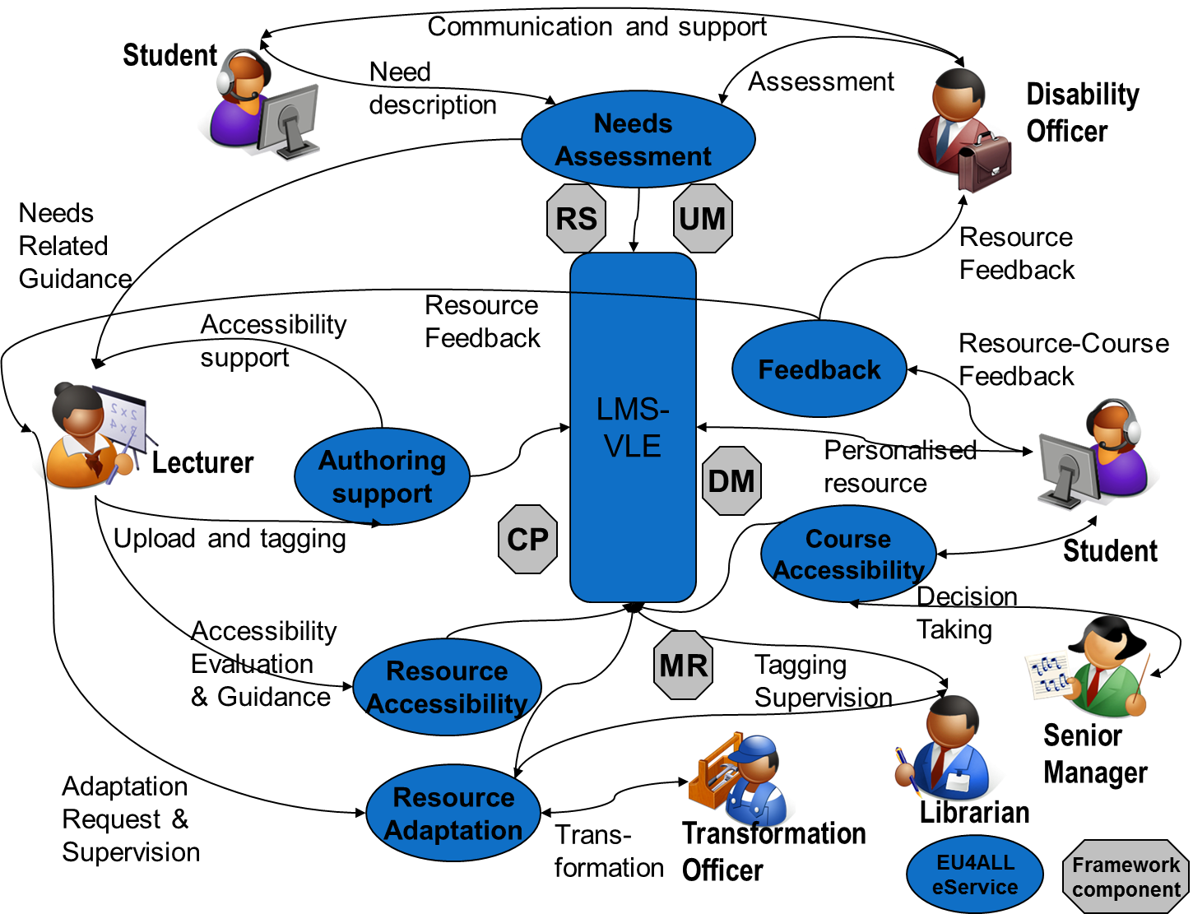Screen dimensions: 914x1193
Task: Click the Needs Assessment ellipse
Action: coord(638,139)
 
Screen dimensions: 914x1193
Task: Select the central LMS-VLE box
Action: coord(633,427)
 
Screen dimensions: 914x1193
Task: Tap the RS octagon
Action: coord(576,219)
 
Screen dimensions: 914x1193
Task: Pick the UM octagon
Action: coord(702,219)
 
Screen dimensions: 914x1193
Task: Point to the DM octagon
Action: coord(731,481)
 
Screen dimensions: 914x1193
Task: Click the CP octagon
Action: coord(527,540)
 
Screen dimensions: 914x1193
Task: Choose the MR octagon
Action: coord(683,666)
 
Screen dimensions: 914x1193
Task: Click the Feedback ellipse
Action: coord(819,369)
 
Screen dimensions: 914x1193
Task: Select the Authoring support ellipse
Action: coord(382,476)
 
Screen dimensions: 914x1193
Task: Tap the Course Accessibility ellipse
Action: coord(848,554)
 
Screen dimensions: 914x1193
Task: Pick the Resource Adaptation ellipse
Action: coord(453,813)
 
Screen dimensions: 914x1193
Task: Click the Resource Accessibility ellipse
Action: coord(447,687)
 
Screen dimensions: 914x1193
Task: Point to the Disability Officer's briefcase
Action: coord(985,163)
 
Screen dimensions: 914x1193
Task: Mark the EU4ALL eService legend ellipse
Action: coord(975,875)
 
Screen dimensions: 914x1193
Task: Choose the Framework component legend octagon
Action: coord(1126,877)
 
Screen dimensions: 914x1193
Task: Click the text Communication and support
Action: coord(596,26)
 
